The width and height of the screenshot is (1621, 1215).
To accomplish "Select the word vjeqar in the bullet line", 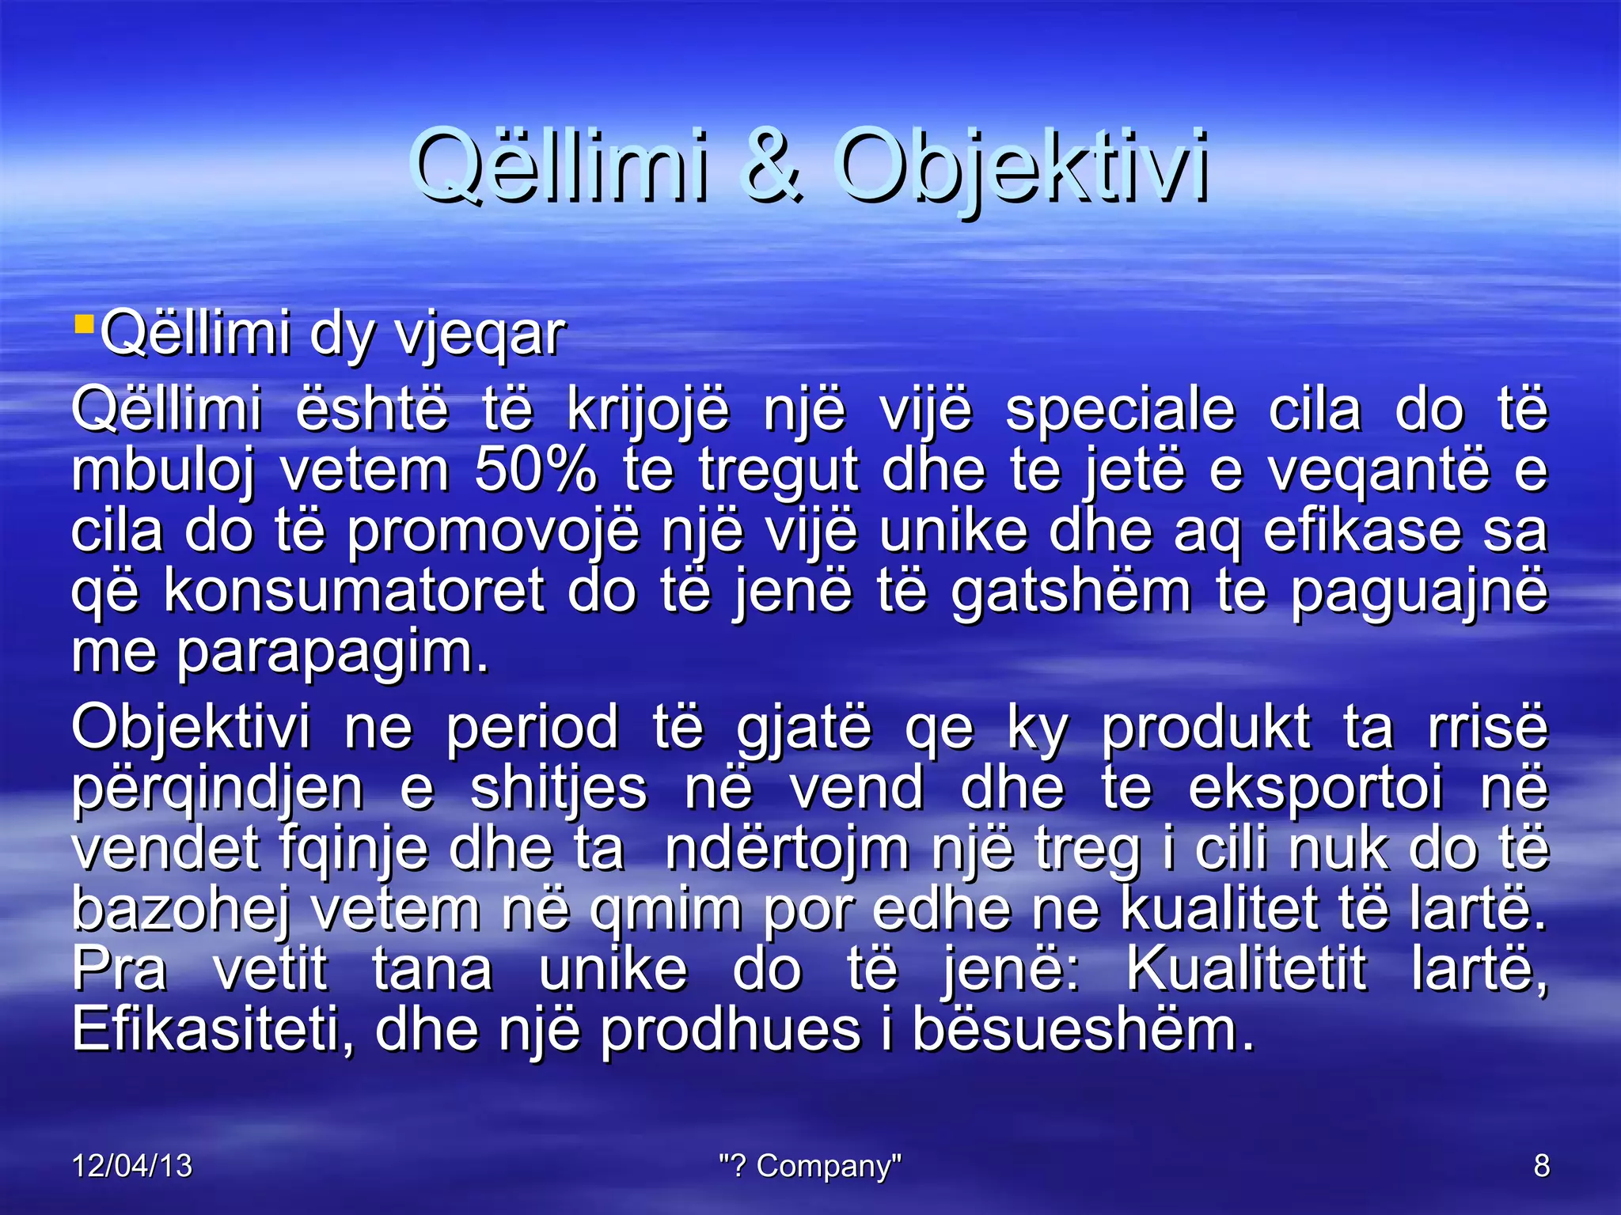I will [480, 335].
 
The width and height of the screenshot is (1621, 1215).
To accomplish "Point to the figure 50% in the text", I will [535, 471].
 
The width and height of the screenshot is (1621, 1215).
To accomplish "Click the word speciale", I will [1120, 411].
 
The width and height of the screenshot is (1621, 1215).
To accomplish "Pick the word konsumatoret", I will [354, 591].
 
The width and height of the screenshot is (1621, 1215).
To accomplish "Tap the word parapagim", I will [332, 653].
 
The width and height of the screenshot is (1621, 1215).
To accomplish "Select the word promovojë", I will [492, 531].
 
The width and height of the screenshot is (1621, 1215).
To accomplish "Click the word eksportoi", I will [1315, 789].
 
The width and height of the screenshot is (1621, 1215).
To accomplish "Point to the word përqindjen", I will [218, 789].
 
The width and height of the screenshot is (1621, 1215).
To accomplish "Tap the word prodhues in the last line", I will [730, 1031].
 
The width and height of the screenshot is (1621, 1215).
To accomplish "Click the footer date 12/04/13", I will [132, 1166].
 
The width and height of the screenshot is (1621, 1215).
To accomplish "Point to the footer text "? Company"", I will [810, 1166].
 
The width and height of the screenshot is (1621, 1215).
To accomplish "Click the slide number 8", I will [1541, 1166].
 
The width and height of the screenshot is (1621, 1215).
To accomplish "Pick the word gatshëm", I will [1071, 591].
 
